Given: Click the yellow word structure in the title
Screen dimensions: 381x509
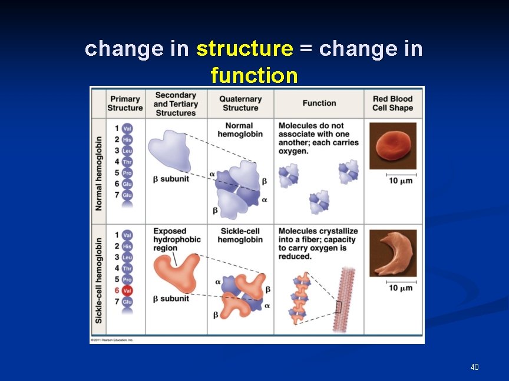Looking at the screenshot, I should (x=244, y=49).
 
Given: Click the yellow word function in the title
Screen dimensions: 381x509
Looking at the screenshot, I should (x=254, y=75).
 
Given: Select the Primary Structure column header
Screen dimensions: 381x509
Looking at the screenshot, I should (x=125, y=103).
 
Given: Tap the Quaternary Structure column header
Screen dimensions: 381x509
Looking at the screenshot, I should (x=240, y=103).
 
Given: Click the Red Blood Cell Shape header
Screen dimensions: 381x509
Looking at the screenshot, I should (x=392, y=103).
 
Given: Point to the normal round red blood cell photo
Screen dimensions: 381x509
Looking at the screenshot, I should (x=392, y=146).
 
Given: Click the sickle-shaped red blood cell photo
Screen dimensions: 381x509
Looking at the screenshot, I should (x=392, y=253).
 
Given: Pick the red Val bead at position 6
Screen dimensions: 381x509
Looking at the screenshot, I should (x=127, y=290).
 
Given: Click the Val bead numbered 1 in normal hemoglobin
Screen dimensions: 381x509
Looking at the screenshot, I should (x=127, y=128).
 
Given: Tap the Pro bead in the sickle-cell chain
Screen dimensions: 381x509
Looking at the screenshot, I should (x=127, y=279).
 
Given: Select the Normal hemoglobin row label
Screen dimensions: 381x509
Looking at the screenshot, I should (x=98, y=171).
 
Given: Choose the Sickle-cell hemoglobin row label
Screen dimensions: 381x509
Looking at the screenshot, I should (x=98, y=279).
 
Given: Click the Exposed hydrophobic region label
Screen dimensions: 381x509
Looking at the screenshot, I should (x=177, y=239).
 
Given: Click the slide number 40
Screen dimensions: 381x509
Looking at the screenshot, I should (x=474, y=367).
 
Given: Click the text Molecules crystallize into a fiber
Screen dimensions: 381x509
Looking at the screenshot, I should (x=318, y=235).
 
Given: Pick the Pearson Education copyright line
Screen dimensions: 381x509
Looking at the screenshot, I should (x=112, y=340).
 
